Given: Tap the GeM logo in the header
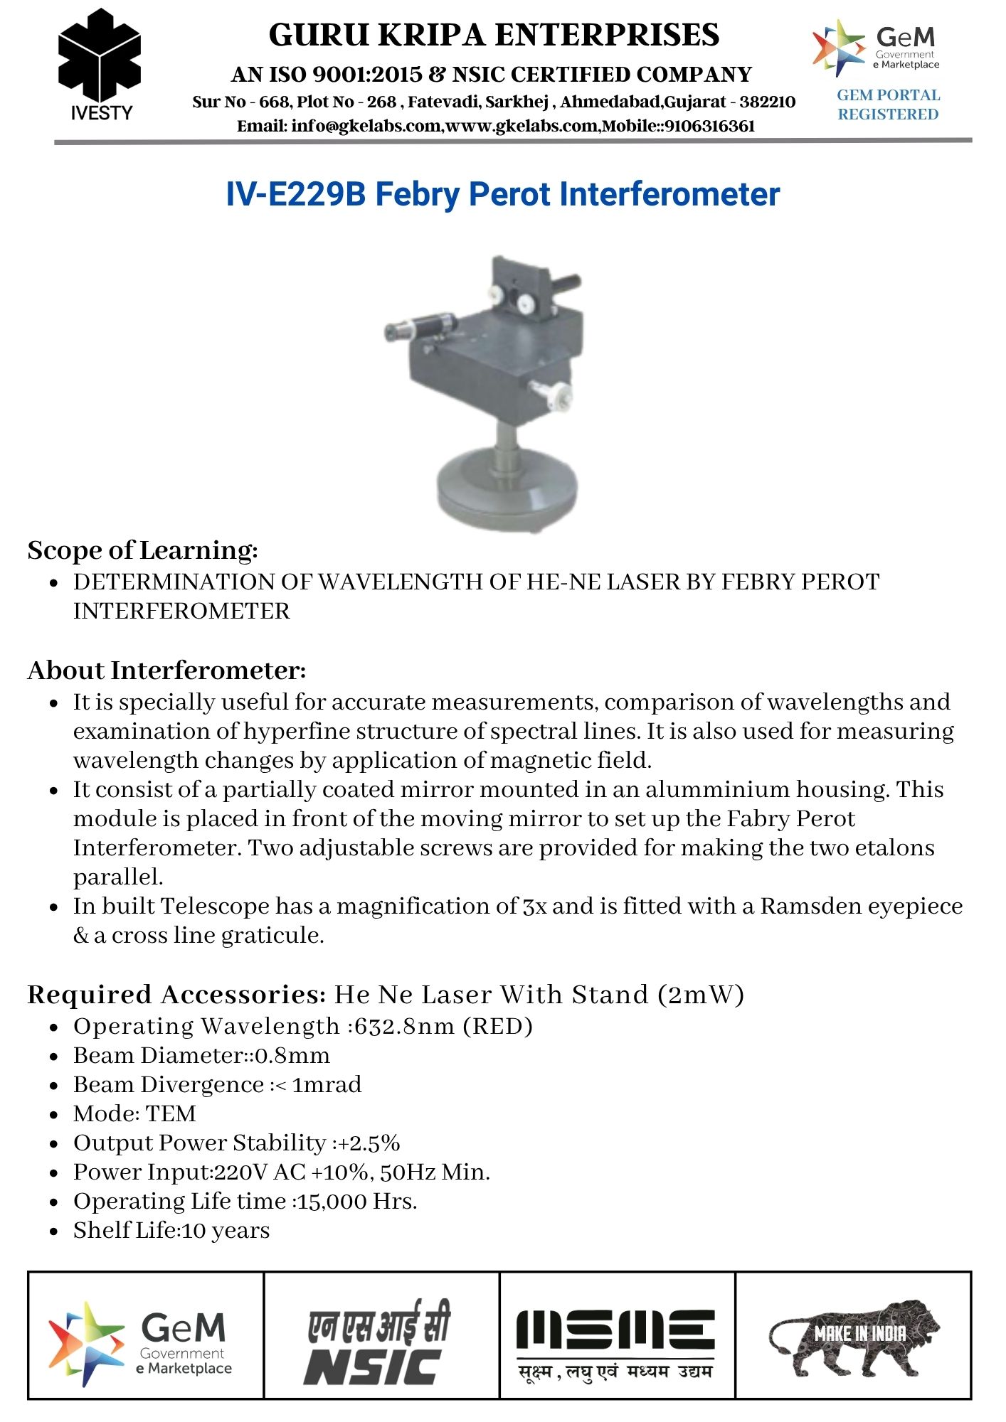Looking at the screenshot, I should (x=876, y=48).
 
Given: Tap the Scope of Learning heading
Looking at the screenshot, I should (x=142, y=550).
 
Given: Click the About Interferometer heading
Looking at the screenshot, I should (x=166, y=670).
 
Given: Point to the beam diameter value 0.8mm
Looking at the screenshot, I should (x=292, y=1056).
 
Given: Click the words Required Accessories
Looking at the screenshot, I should (x=176, y=995).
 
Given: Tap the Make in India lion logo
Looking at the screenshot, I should (x=854, y=1337).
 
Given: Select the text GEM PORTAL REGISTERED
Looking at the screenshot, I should (x=888, y=105).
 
